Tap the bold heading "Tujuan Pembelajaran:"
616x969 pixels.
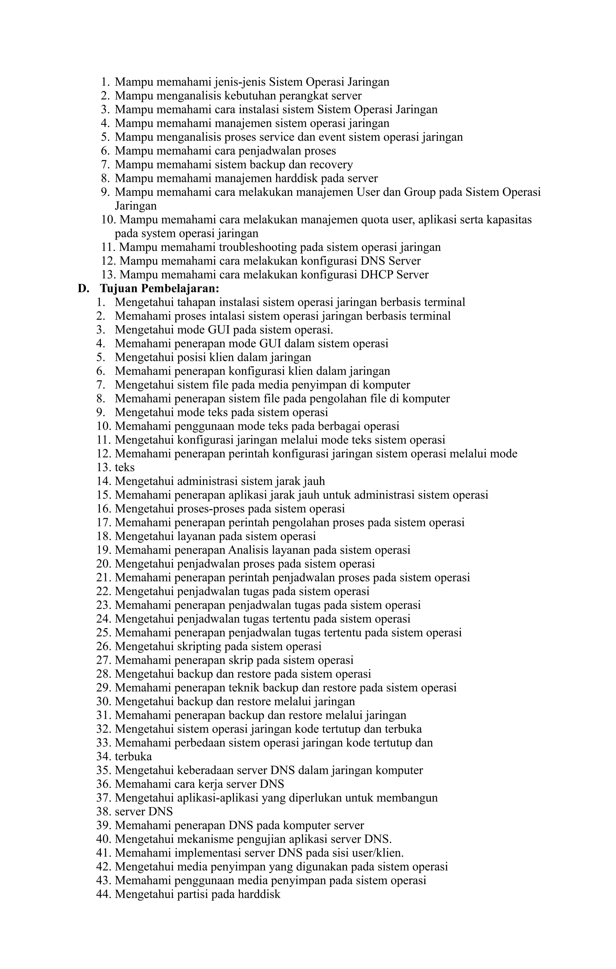(160, 288)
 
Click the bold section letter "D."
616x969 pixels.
(83, 288)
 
